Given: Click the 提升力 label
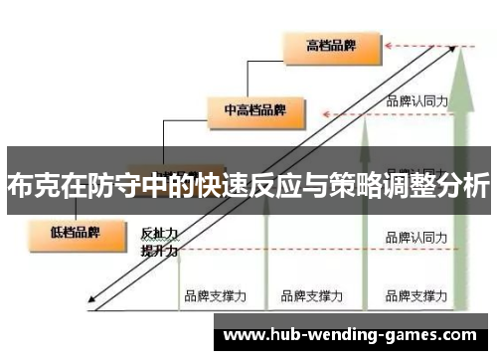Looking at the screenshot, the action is [159, 251].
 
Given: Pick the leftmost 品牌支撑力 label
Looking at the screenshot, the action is [214, 295].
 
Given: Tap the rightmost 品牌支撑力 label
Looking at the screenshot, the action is [417, 295].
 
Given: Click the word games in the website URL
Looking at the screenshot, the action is [411, 336].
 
